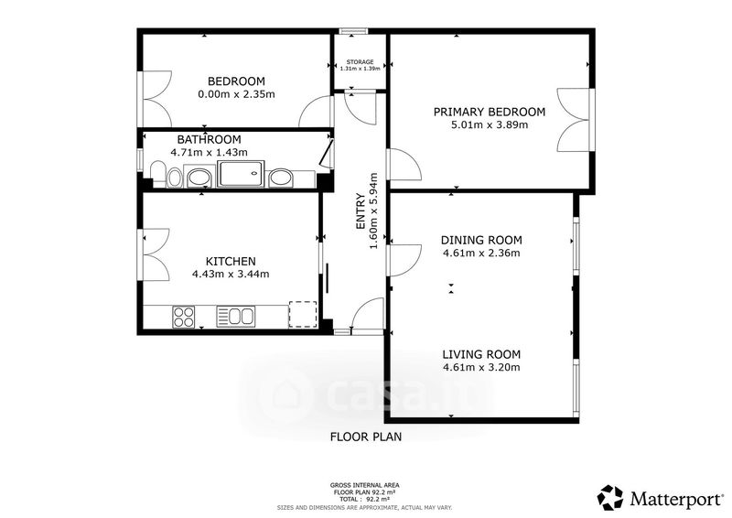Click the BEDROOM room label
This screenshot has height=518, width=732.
[236, 81]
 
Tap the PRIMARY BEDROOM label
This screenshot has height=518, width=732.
[490, 112]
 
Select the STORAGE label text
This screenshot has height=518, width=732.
[360, 61]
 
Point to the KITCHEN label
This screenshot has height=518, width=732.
[231, 261]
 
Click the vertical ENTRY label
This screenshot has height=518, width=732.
[361, 211]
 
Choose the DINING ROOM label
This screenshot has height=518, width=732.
[481, 240]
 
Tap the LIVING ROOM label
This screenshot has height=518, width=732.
[481, 354]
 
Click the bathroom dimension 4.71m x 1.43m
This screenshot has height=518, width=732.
[209, 152]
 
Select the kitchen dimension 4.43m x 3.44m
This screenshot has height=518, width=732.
[231, 275]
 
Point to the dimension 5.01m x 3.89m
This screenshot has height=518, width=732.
[490, 124]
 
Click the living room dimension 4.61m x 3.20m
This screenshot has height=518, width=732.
[481, 367]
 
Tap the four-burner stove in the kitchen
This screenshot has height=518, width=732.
[184, 317]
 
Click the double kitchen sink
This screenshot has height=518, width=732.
[236, 317]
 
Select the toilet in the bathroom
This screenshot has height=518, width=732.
[158, 172]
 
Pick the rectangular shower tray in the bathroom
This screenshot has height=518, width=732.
[241, 174]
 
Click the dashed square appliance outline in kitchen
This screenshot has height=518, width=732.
[303, 314]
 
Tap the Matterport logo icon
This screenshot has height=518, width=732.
[610, 498]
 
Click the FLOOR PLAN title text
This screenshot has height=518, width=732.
[366, 437]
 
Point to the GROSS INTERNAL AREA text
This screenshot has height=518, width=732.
[364, 485]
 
